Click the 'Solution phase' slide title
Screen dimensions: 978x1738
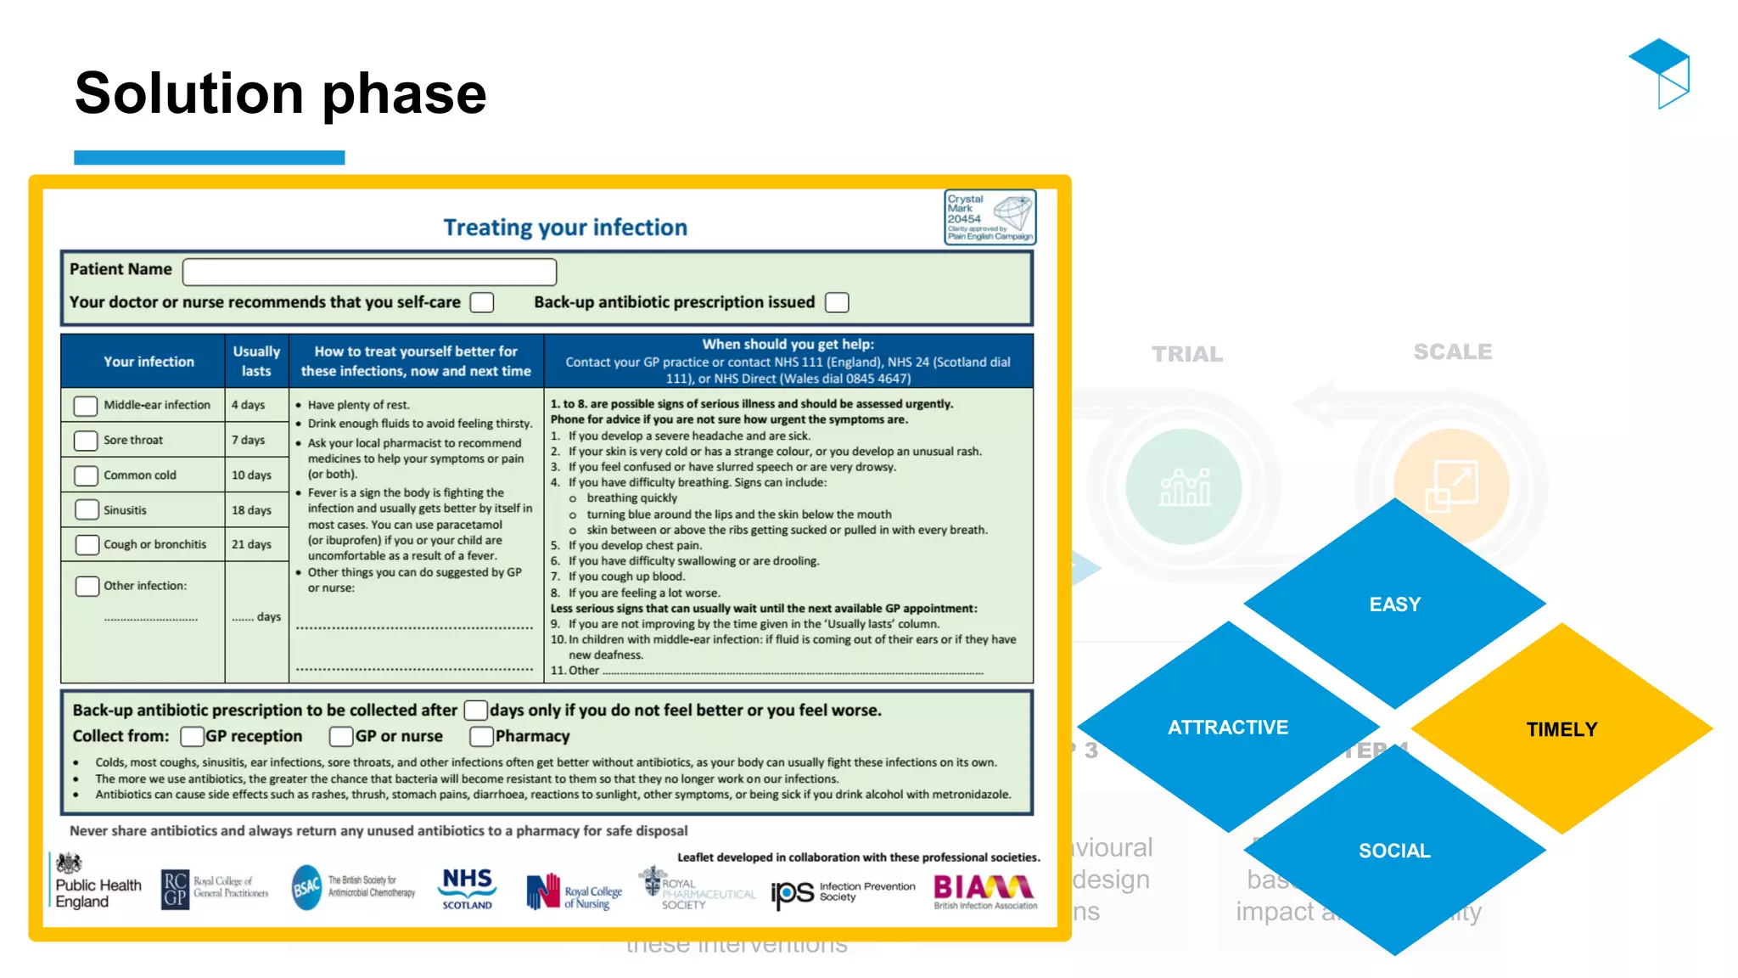pos(280,93)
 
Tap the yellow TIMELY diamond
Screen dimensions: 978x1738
pos(1561,728)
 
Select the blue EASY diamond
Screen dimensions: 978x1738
pos(1394,604)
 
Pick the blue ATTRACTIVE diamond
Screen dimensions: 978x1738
pos(1227,727)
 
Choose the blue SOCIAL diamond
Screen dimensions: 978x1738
pos(1394,850)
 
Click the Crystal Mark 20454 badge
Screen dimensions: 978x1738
pos(990,217)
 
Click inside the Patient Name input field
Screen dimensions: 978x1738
pos(369,272)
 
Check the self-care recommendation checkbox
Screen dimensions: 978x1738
pos(482,302)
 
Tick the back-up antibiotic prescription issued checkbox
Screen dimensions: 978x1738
pos(837,302)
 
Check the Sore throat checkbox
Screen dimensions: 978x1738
pos(86,441)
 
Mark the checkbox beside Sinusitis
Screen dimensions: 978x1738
pos(87,509)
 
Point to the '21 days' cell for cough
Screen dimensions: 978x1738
pos(252,544)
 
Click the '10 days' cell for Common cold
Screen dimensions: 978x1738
pos(252,475)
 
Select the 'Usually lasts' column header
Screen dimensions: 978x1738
pos(256,361)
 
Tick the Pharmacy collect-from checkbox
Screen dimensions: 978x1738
pos(482,736)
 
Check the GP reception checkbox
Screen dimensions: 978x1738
pos(193,736)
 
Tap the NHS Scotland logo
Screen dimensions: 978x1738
pos(468,888)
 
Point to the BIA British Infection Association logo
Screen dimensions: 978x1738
pos(984,891)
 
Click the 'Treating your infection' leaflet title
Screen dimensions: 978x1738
pos(565,228)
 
